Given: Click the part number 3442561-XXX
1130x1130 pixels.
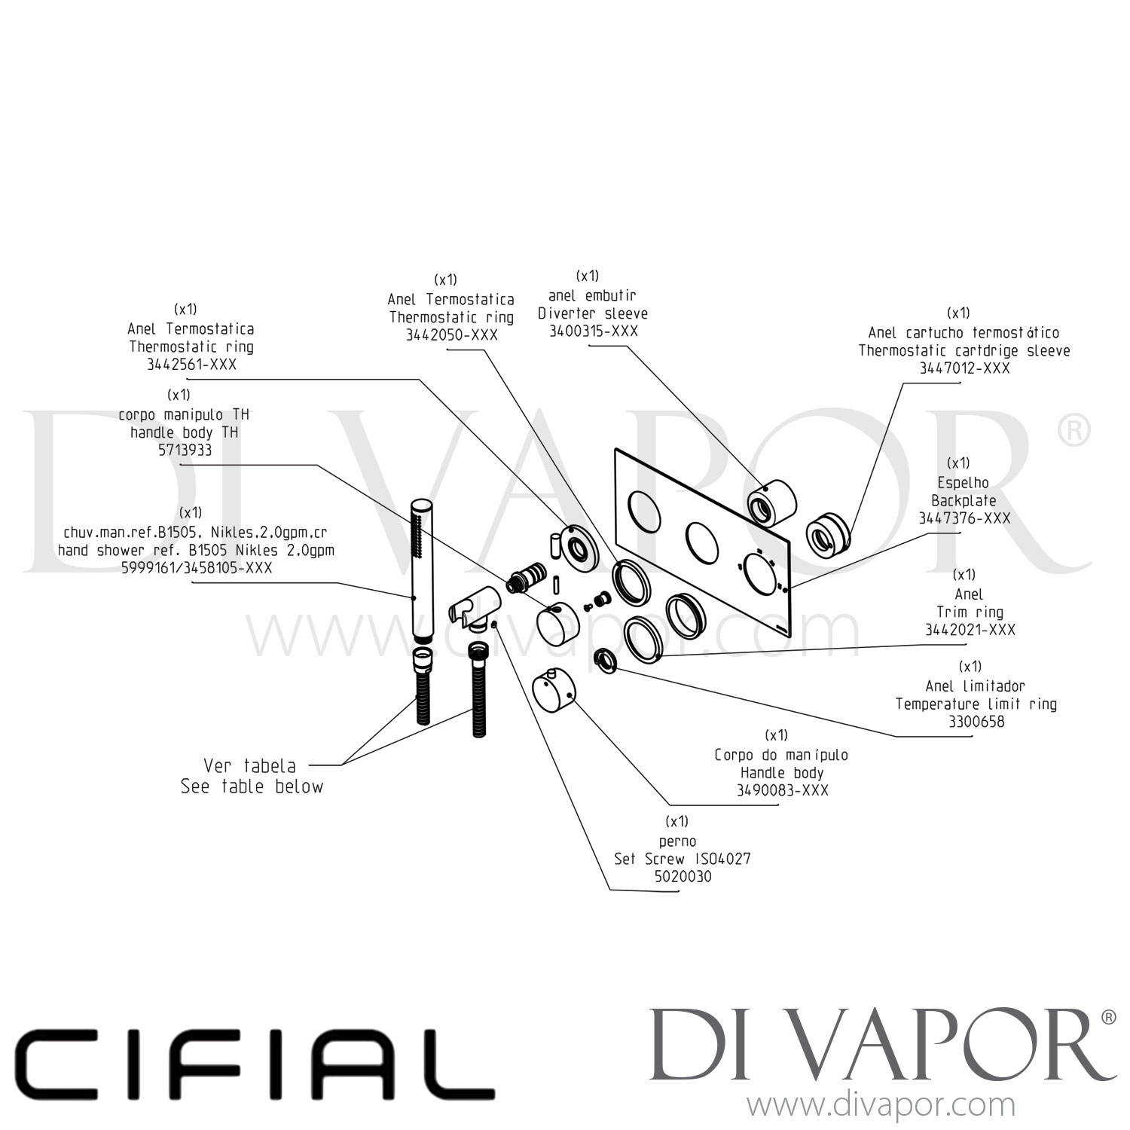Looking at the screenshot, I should [192, 365].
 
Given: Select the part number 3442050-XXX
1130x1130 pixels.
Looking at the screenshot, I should [452, 335].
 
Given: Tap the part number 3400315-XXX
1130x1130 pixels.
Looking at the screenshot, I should [593, 331].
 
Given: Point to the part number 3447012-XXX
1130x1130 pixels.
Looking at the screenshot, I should [964, 368].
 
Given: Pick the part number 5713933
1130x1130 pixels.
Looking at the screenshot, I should [180, 450].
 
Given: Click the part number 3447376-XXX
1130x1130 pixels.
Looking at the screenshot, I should [964, 518].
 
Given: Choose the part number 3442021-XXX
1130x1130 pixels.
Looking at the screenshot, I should [970, 630].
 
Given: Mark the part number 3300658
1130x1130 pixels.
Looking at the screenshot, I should [976, 722].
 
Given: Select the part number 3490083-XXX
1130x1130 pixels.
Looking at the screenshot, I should [782, 790].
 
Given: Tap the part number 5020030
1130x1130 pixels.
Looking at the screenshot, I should [683, 877].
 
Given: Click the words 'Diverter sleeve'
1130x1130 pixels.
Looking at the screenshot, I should [593, 313].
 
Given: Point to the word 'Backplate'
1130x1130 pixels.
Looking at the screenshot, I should [964, 500].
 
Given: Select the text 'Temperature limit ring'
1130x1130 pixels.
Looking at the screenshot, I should [976, 704].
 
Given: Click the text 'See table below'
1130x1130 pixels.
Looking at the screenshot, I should [252, 786].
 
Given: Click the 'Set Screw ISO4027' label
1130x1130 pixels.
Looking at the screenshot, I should [683, 859].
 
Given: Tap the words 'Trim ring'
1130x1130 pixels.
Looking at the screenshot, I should [970, 612].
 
